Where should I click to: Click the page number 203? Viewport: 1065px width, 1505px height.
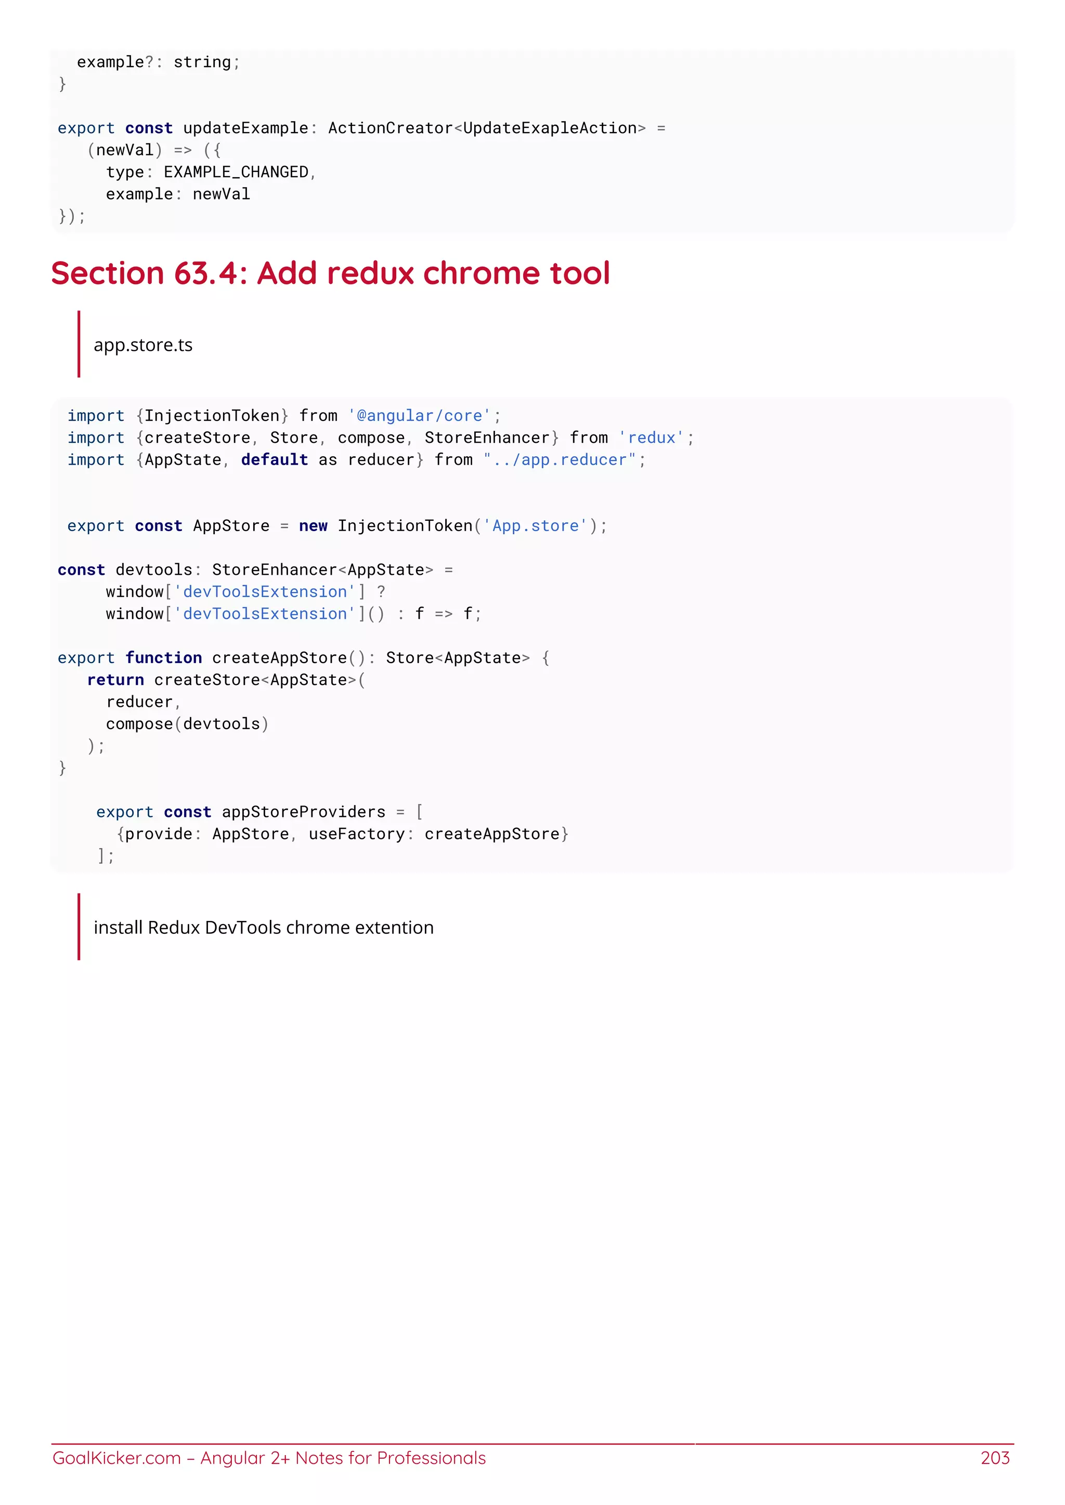click(x=994, y=1458)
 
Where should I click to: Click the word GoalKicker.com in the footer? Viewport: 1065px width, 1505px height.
click(x=116, y=1458)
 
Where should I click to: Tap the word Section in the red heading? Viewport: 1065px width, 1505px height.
click(x=107, y=273)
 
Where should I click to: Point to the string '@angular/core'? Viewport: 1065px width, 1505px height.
click(x=420, y=416)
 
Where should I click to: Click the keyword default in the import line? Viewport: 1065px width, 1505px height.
click(x=274, y=460)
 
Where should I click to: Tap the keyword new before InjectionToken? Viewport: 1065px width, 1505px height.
click(x=313, y=526)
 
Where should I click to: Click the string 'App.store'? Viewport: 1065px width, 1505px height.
click(x=535, y=526)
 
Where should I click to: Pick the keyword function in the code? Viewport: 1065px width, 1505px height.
click(x=163, y=657)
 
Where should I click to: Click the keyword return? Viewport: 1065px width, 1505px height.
click(x=115, y=680)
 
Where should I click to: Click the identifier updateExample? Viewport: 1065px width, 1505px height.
click(x=245, y=128)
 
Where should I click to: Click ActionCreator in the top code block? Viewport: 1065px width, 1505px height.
click(x=390, y=128)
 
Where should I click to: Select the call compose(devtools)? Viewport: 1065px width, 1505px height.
click(x=187, y=724)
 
